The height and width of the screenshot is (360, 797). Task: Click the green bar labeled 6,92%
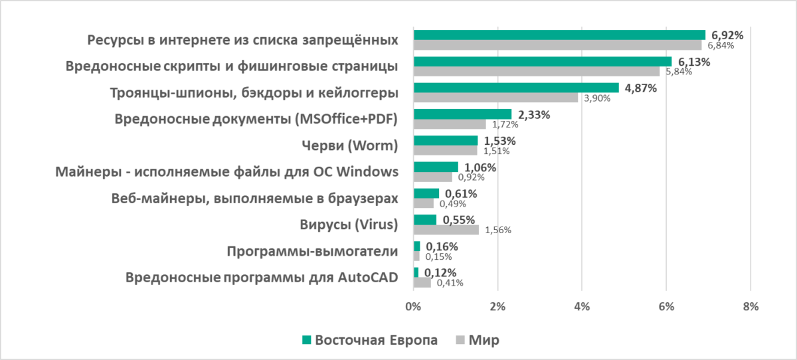pos(559,35)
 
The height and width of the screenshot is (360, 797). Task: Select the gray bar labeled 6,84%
pos(557,45)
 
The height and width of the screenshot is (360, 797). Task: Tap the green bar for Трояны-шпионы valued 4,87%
pos(516,88)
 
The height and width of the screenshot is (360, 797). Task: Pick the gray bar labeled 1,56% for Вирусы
pos(446,230)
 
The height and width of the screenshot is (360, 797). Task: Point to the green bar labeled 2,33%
pos(462,114)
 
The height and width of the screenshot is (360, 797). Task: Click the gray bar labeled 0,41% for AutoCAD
pos(422,282)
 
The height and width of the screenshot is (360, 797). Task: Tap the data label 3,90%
pos(597,98)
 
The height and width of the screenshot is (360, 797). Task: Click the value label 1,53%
pos(499,141)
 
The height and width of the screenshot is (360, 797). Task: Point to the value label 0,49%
pos(454,204)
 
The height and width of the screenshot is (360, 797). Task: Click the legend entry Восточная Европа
pos(376,340)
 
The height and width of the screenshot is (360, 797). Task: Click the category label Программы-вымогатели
pos(312,252)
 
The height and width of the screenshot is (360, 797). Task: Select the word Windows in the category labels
pos(367,172)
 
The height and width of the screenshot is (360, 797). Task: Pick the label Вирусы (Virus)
pos(349,225)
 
